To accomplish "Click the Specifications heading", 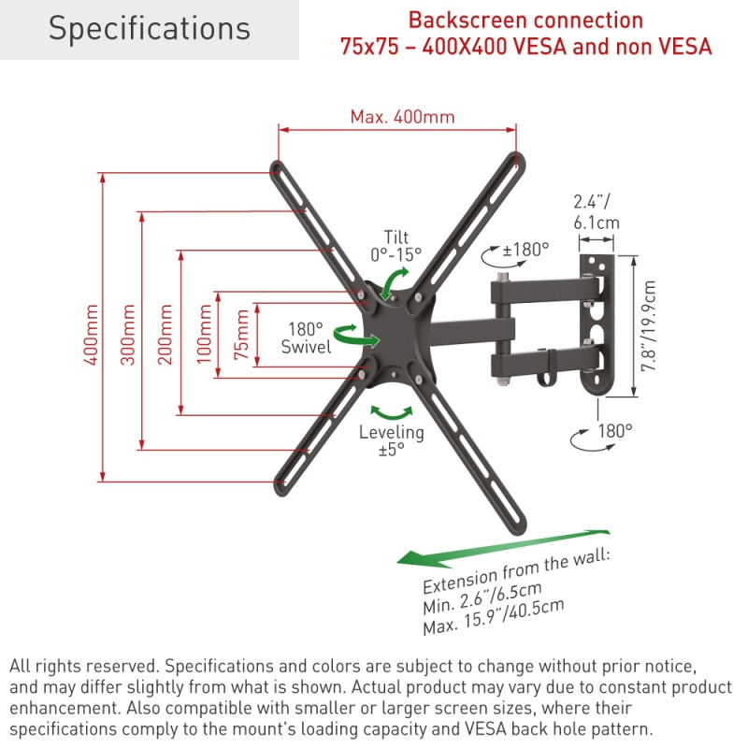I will pos(150,29).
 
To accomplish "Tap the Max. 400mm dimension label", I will pos(402,117).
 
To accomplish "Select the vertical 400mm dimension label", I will pos(91,333).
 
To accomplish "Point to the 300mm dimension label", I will pos(129,333).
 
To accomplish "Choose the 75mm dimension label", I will pos(242,334).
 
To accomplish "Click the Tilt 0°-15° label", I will pos(396,245).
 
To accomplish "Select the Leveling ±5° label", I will pos(392,440).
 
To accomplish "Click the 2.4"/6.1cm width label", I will pos(596,211).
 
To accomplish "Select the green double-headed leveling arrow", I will pos(392,411).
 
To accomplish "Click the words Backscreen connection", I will pos(525,20).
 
